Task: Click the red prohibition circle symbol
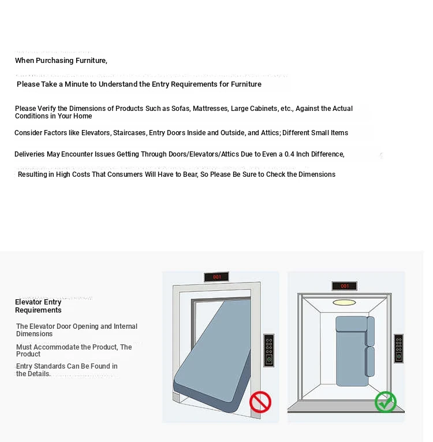(x=260, y=402)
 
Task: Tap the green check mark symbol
(x=385, y=402)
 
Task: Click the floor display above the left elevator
(x=216, y=277)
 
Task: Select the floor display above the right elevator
(x=344, y=286)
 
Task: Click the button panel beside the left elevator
(x=268, y=350)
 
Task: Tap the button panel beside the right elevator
(x=398, y=348)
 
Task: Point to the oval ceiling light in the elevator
(x=344, y=302)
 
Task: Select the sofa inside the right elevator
(x=354, y=350)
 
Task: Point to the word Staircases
(x=129, y=133)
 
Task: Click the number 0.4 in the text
(x=290, y=154)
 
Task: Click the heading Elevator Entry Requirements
(x=38, y=306)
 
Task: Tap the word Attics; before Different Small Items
(x=270, y=133)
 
